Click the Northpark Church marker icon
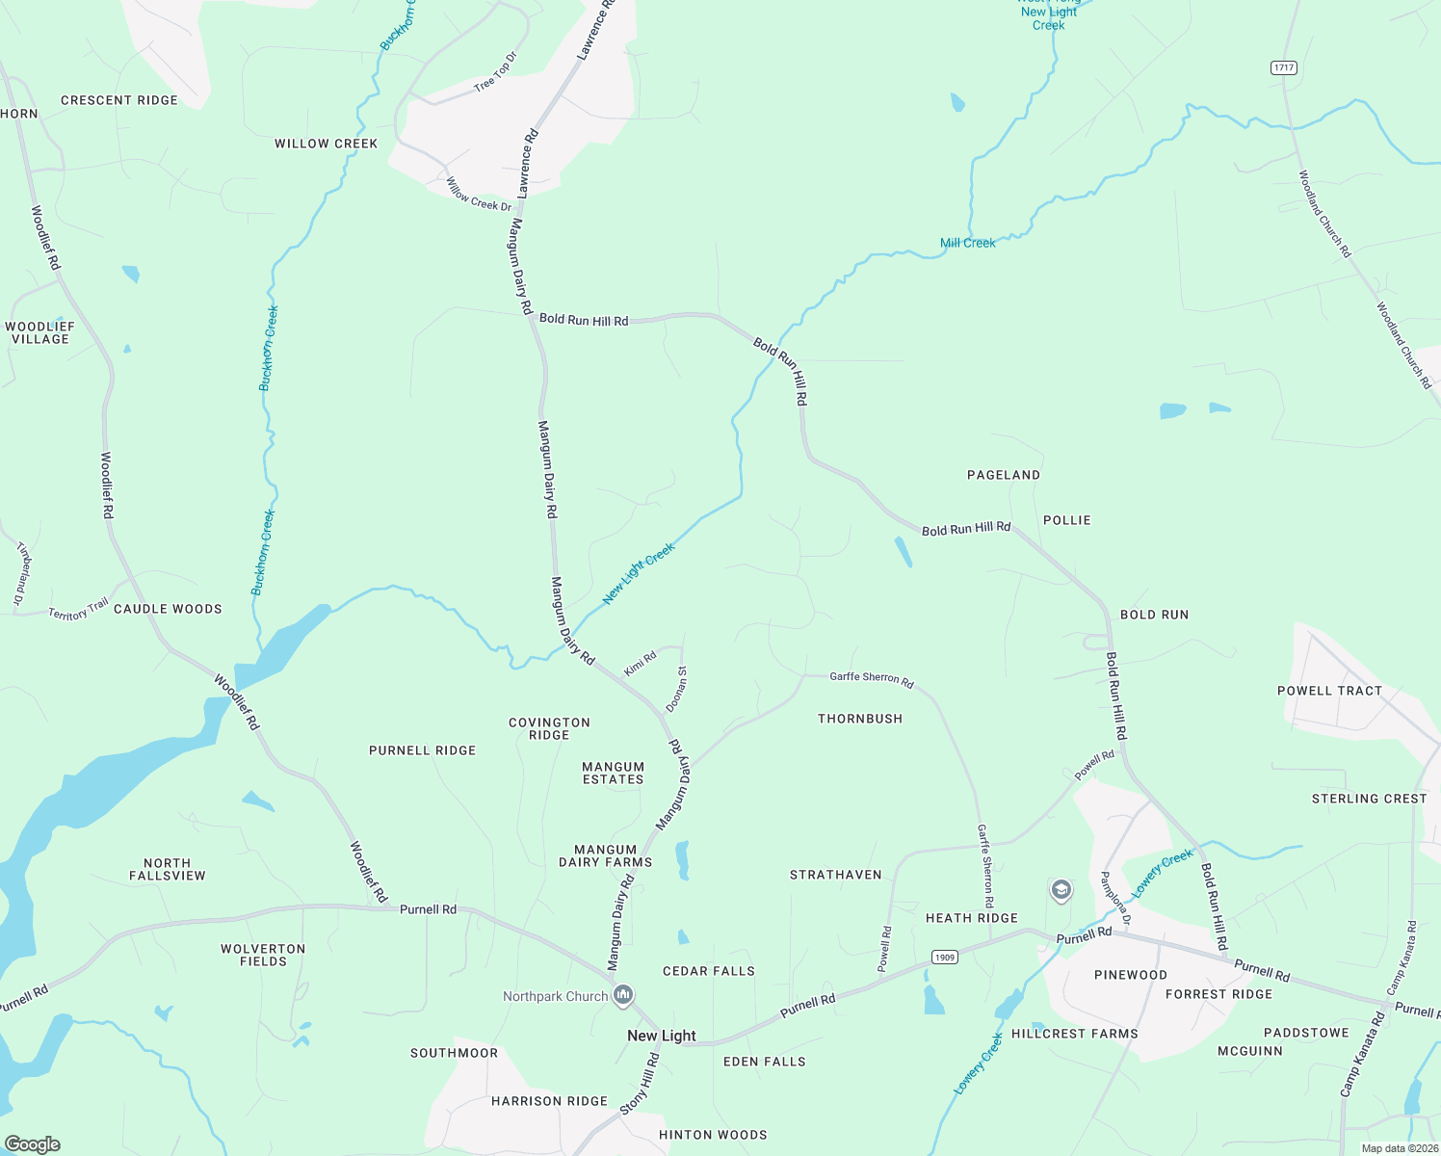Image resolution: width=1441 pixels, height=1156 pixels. tap(623, 995)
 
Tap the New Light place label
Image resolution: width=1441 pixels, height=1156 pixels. tap(661, 1036)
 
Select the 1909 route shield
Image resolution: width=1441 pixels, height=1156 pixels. tap(944, 957)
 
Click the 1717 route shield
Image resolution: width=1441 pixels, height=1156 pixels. tap(1283, 67)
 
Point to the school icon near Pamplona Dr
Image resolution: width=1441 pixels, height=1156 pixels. tap(1061, 889)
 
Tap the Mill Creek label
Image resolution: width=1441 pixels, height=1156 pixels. tap(967, 243)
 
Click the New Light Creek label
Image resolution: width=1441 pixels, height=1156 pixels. tap(639, 573)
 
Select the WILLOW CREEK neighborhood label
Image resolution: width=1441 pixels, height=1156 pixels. tap(326, 144)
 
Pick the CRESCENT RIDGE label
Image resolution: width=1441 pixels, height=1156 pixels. tap(119, 100)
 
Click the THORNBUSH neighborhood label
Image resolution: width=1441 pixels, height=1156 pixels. tap(860, 719)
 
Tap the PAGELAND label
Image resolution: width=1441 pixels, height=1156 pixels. tap(1003, 475)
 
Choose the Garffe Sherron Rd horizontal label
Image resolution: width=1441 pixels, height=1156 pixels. tap(871, 678)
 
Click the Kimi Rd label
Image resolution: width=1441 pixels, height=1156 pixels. tap(640, 663)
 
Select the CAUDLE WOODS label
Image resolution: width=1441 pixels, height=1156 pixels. tap(168, 609)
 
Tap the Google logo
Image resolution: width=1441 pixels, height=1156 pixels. tap(33, 1144)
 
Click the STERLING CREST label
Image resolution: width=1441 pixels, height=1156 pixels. tap(1369, 799)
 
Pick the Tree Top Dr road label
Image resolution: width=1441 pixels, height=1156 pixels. tap(495, 73)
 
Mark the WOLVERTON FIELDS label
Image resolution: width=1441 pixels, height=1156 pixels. tap(263, 955)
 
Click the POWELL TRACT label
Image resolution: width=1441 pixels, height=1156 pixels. tap(1329, 691)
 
